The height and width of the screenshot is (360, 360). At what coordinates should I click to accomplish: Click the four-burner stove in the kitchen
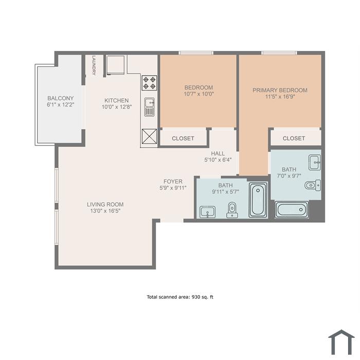[x=150, y=83]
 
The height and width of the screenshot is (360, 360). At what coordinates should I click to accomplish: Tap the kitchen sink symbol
[x=150, y=107]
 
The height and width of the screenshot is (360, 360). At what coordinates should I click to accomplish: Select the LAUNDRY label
[x=94, y=65]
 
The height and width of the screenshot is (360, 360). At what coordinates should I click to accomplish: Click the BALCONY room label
[x=60, y=98]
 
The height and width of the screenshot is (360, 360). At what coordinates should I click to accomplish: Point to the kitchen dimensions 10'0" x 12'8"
[x=117, y=107]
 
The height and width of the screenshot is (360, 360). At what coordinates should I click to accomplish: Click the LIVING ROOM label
[x=105, y=204]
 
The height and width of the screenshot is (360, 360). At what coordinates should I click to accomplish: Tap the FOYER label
[x=173, y=182]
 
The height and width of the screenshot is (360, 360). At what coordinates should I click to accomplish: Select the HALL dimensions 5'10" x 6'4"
[x=218, y=160]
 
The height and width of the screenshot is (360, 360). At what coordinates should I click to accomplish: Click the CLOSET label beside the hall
[x=183, y=138]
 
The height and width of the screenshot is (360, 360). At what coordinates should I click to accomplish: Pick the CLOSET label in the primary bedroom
[x=294, y=138]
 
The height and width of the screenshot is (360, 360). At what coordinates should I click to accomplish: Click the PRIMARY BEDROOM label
[x=280, y=90]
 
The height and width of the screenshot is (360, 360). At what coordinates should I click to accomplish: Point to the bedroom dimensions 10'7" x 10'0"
[x=199, y=94]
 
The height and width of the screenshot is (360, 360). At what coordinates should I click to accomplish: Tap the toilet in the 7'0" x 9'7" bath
[x=313, y=185]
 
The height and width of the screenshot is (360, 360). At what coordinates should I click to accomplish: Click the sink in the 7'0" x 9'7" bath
[x=315, y=163]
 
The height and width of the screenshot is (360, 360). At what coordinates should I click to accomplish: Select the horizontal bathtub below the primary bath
[x=292, y=210]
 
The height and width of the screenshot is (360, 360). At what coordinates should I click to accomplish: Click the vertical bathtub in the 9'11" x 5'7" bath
[x=258, y=200]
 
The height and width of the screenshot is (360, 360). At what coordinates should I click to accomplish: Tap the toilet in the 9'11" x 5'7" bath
[x=232, y=210]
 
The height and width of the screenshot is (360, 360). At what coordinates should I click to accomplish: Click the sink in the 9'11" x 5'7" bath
[x=208, y=212]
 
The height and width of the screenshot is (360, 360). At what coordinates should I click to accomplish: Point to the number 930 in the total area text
[x=196, y=297]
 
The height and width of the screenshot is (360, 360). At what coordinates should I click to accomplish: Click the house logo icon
[x=341, y=343]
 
